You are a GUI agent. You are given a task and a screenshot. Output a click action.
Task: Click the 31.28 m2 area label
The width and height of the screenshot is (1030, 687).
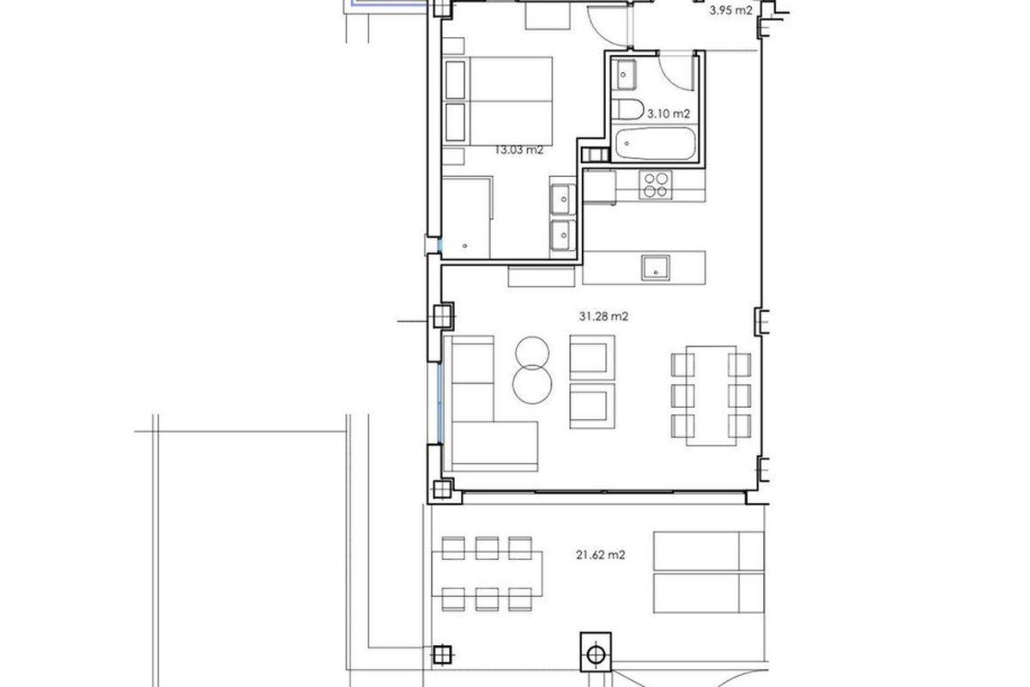coord(603,317)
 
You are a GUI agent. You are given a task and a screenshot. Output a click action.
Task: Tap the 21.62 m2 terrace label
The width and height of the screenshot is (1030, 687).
coord(601,555)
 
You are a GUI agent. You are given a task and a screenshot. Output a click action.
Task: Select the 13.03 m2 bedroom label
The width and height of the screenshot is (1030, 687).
coord(518,150)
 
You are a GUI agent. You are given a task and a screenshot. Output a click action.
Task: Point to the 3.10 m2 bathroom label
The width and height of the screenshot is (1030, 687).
coord(669,113)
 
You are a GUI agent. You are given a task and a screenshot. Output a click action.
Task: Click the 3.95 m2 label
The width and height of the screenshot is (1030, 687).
coord(730,10)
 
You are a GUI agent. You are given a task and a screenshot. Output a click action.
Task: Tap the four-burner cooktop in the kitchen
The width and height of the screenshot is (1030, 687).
coord(655,185)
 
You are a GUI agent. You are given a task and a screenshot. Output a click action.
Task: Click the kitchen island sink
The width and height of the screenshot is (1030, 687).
coord(655,267)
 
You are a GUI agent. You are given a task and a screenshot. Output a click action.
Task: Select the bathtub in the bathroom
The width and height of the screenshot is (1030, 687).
coord(655,143)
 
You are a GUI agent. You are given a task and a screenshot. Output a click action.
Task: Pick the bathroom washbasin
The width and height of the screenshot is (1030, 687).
coord(624,75)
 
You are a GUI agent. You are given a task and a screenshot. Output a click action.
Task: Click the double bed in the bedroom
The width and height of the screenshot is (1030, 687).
coord(499,101)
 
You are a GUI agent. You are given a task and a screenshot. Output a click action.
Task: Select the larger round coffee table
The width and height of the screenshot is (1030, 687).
coord(532,384)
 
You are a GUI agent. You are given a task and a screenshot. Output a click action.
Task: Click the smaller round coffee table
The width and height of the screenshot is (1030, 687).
coord(532,353)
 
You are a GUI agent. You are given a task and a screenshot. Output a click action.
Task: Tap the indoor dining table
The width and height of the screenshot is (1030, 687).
coord(712,396)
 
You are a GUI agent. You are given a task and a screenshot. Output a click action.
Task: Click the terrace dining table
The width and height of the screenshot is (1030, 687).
coord(488,575)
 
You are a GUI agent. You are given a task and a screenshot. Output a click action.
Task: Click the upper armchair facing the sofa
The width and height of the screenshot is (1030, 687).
coord(592,357)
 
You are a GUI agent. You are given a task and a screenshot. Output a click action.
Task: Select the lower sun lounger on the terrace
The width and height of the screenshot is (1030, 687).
coord(709,593)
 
